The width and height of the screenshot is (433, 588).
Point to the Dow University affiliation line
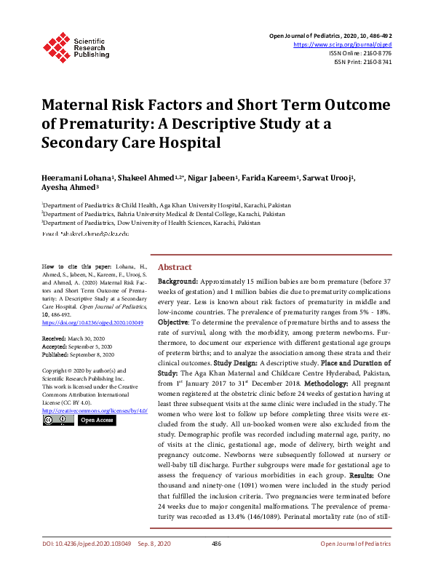151,223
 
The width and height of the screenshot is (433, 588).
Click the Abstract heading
175,267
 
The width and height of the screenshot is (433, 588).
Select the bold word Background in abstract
177,281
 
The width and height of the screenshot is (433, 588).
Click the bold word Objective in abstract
173,322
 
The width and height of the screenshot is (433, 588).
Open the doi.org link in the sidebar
92,322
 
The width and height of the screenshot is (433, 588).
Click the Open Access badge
96,420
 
